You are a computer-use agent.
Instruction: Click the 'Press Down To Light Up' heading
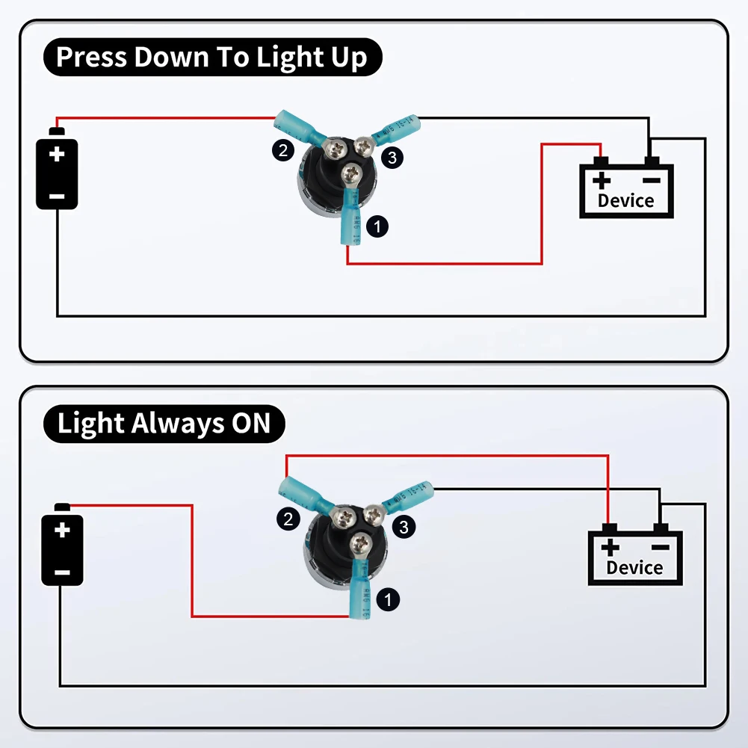pos(211,58)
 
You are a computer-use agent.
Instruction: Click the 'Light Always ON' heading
pos(164,424)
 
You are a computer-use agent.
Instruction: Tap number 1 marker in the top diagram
pos(379,226)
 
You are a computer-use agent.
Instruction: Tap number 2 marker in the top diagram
pos(282,151)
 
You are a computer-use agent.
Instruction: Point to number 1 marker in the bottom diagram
pos(388,599)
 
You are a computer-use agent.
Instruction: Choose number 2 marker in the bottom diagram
pos(288,519)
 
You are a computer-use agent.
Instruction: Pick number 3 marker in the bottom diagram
pos(403,527)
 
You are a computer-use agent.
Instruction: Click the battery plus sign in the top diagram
pos(57,155)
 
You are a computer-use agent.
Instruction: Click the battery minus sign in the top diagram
pos(57,197)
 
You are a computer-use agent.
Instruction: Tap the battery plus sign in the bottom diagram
pos(62,531)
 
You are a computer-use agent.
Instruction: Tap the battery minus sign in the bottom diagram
pos(62,572)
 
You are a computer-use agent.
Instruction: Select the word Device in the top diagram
pos(625,200)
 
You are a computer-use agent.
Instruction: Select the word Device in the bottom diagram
pos(634,567)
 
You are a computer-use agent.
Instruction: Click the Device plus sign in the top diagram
pos(602,180)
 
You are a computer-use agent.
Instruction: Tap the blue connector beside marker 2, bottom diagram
pos(298,492)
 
